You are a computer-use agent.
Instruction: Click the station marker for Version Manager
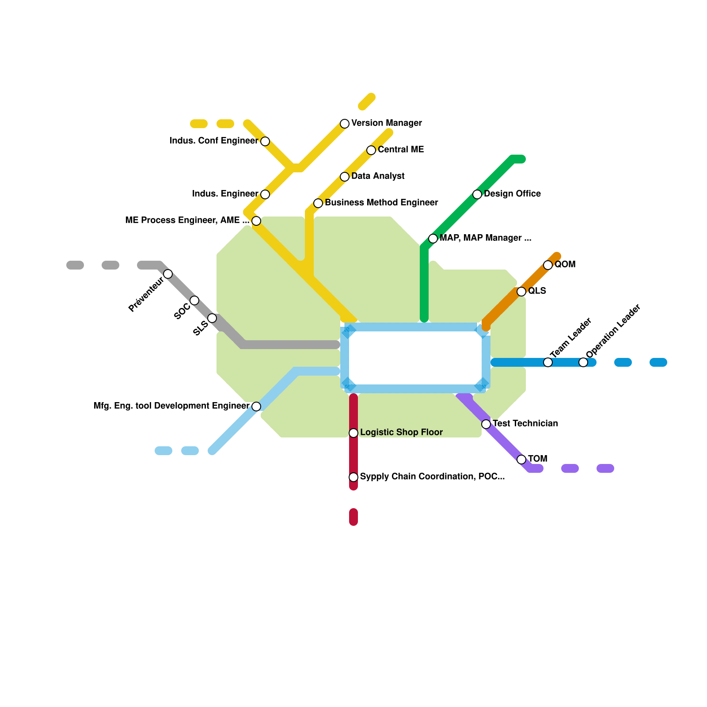point(345,124)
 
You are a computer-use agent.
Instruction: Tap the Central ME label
point(400,150)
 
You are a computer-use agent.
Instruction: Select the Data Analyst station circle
point(345,177)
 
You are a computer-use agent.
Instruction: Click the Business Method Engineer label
point(381,203)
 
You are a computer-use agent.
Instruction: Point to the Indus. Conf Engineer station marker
point(265,141)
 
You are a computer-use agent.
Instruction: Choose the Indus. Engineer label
point(225,194)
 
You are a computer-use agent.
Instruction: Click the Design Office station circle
point(477,194)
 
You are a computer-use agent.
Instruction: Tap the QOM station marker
point(548,265)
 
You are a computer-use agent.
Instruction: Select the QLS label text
point(537,291)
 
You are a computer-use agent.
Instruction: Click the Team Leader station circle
point(548,362)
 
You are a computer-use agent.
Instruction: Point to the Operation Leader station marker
point(583,362)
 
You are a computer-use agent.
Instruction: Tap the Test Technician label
point(525,424)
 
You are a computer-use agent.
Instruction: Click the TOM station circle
point(521,460)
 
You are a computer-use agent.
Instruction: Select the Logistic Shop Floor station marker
point(353,433)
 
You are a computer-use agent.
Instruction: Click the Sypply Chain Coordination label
point(432,477)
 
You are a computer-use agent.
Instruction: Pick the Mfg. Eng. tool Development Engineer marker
point(256,407)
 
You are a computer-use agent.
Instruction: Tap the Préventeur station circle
point(168,274)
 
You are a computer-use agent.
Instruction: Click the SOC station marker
point(194,300)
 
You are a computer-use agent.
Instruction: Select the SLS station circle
point(212,318)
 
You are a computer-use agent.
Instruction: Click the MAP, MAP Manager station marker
point(433,239)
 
